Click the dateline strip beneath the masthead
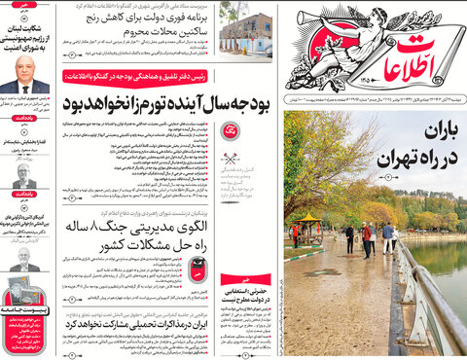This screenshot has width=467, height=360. pyautogui.click(x=375, y=101)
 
